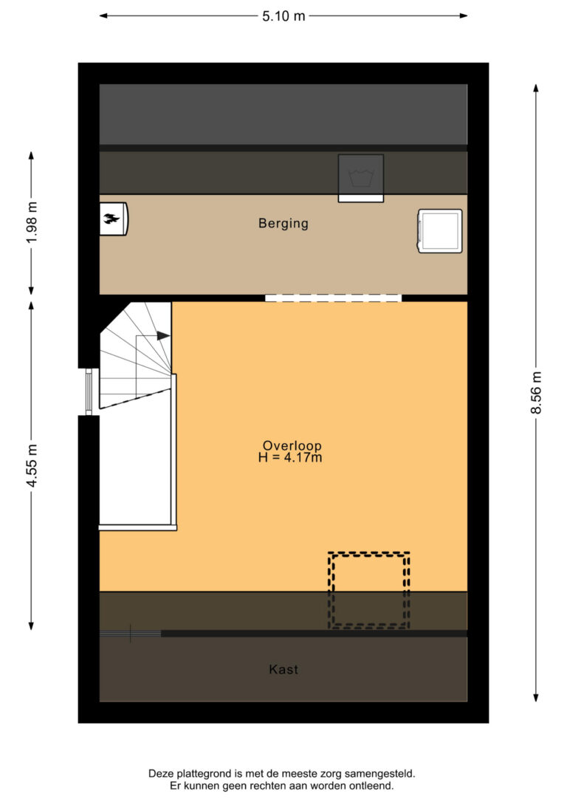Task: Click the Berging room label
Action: (x=283, y=224)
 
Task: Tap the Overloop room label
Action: (x=292, y=445)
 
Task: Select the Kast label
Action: (x=283, y=669)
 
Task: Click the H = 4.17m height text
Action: (x=290, y=457)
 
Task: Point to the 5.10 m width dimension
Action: (x=283, y=16)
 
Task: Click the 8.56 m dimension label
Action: (x=536, y=392)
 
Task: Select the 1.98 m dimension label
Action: (x=32, y=223)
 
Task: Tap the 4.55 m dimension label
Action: (x=32, y=466)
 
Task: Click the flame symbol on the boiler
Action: (x=111, y=219)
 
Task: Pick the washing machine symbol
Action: (x=361, y=178)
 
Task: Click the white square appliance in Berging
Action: (x=440, y=230)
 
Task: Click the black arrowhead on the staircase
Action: (x=163, y=335)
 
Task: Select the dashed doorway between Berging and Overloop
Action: (x=334, y=298)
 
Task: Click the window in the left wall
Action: (x=89, y=392)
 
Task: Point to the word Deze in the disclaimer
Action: (x=159, y=774)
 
